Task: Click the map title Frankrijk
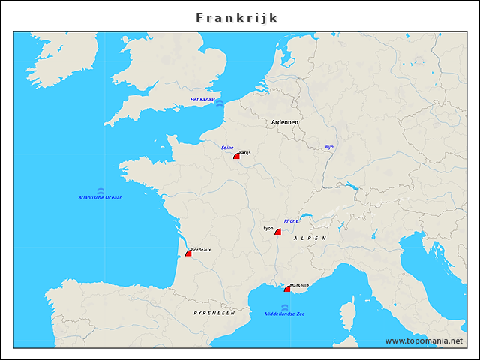pyautogui.click(x=237, y=16)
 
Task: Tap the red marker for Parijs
pyautogui.click(x=237, y=157)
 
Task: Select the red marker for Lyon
pyautogui.click(x=278, y=232)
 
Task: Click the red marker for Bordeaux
pyautogui.click(x=189, y=253)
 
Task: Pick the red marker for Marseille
pyautogui.click(x=288, y=289)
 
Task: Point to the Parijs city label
pyautogui.click(x=244, y=152)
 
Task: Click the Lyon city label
pyautogui.click(x=268, y=228)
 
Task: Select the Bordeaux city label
pyautogui.click(x=201, y=249)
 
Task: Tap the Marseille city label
pyautogui.click(x=299, y=285)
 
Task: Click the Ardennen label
pyautogui.click(x=285, y=121)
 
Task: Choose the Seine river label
pyautogui.click(x=227, y=148)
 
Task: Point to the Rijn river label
pyautogui.click(x=329, y=147)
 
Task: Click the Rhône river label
pyautogui.click(x=292, y=221)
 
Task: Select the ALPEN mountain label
pyautogui.click(x=310, y=238)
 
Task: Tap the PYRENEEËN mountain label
pyautogui.click(x=214, y=311)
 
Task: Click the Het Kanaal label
pyautogui.click(x=202, y=99)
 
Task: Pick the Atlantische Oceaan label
pyautogui.click(x=100, y=197)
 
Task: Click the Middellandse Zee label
pyautogui.click(x=284, y=313)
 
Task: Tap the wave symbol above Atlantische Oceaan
pyautogui.click(x=100, y=190)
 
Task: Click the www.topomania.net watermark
pyautogui.click(x=424, y=340)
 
